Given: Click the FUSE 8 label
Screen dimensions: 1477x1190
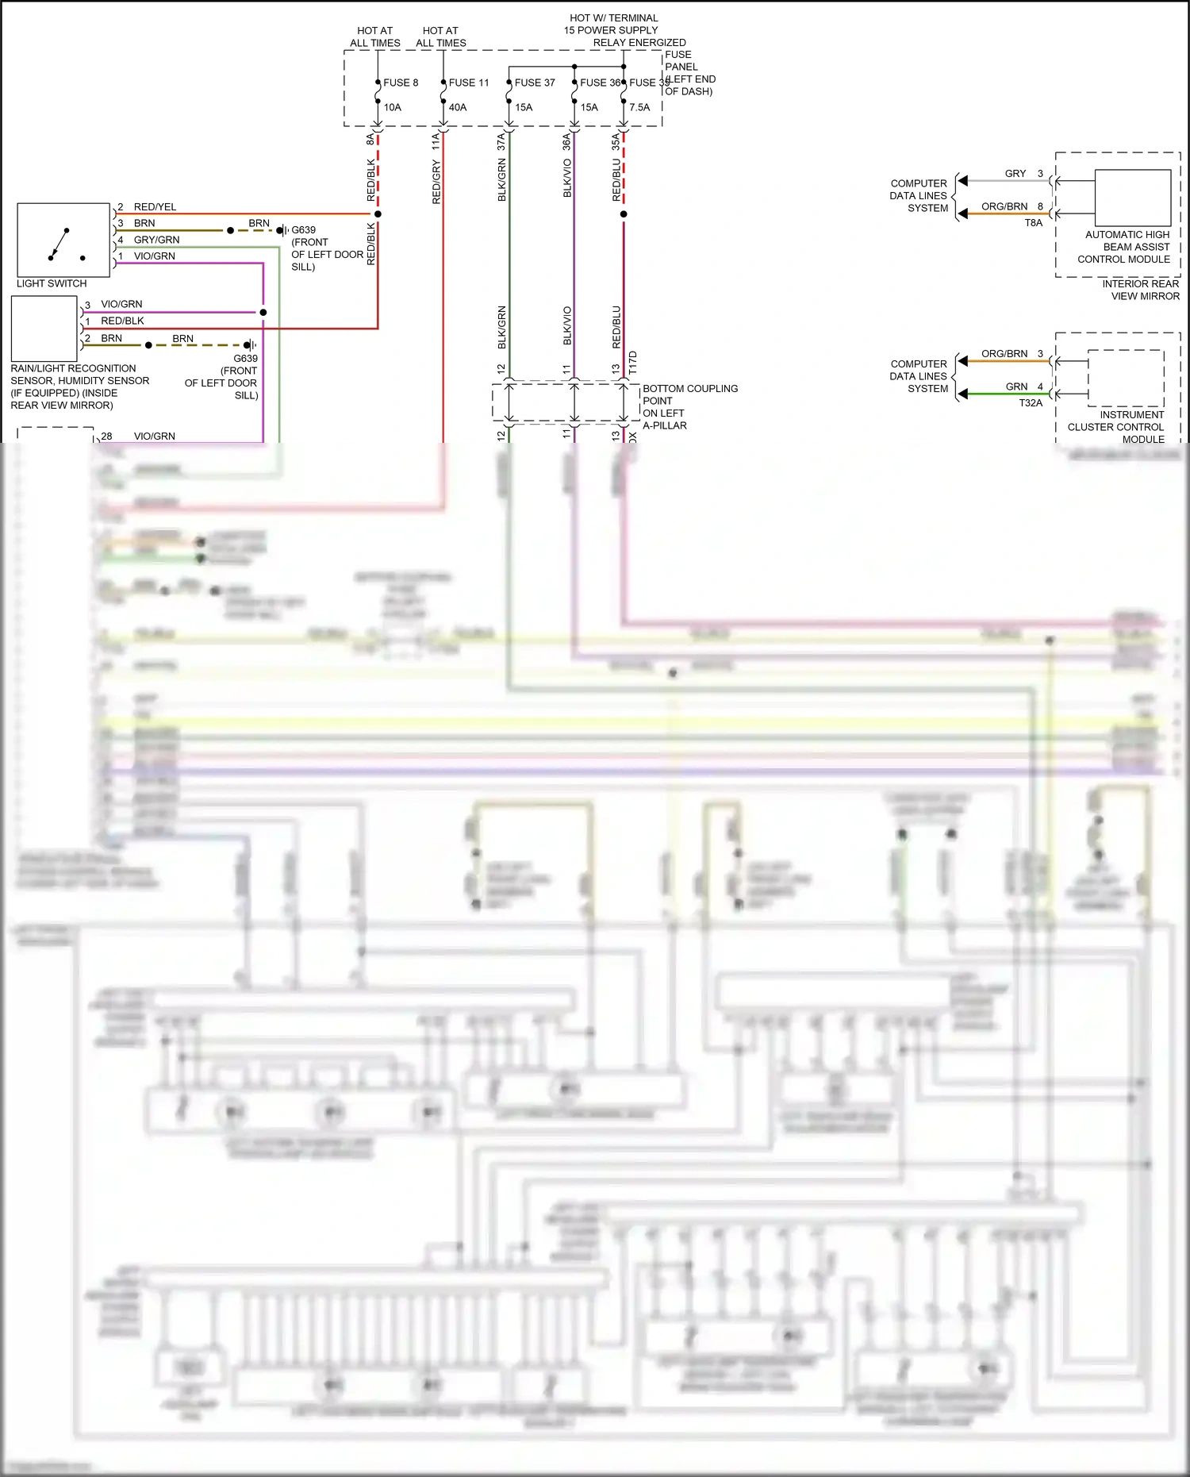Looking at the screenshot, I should click(401, 83).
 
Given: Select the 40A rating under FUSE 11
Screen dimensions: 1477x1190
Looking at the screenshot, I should click(458, 107).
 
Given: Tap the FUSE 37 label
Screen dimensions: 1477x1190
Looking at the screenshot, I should click(535, 83).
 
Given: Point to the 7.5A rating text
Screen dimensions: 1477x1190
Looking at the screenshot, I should click(639, 107).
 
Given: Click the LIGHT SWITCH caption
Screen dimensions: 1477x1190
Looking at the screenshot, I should click(52, 283).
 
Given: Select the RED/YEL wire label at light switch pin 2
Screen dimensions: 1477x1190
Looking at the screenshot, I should click(155, 207).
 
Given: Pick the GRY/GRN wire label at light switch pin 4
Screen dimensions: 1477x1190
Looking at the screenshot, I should click(156, 240).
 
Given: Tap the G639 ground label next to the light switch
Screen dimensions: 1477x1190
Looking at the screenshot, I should click(303, 230).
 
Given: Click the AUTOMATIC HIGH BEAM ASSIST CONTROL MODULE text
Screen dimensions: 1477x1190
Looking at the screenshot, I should click(1127, 247).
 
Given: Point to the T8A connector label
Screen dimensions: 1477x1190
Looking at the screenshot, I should click(1033, 223).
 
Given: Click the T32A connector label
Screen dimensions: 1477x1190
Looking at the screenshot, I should click(1031, 403).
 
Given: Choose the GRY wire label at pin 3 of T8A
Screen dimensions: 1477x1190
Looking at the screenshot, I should click(1015, 174).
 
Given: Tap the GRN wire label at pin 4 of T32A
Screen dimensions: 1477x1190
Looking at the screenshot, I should click(1016, 387).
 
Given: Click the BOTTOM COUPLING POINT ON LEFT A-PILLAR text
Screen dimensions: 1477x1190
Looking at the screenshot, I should click(689, 407).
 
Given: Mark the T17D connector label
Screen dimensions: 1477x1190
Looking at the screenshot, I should click(633, 363).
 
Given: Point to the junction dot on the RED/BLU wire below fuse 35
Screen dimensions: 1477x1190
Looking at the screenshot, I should click(624, 214).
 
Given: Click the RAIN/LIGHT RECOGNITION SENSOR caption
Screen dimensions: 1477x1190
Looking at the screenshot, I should click(79, 387).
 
